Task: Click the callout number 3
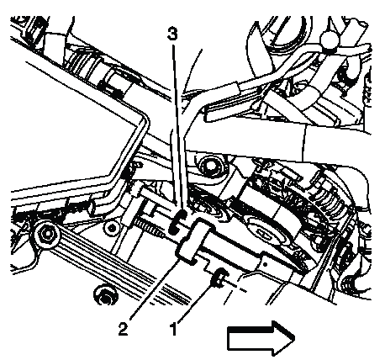[172, 34]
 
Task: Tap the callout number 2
[123, 329]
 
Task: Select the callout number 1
[173, 329]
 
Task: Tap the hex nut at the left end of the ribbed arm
[48, 233]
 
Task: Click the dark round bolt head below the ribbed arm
[105, 294]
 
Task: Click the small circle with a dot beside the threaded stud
[112, 228]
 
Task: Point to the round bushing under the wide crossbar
[210, 167]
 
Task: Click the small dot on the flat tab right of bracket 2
[266, 264]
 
